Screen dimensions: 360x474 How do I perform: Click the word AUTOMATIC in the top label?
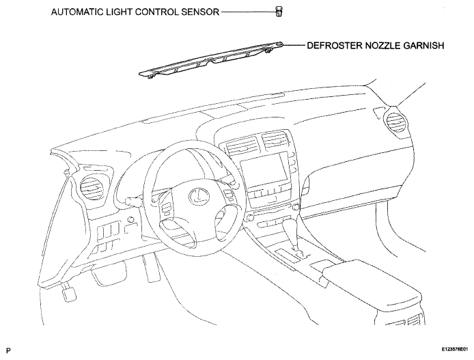(x=76, y=12)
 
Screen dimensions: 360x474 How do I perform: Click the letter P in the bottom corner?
(x=8, y=350)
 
